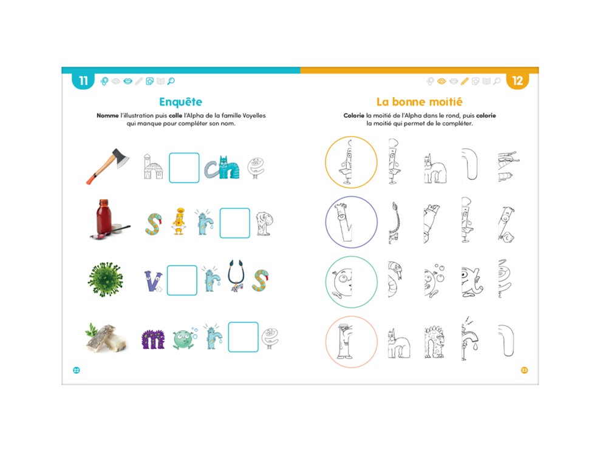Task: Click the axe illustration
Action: point(108,166)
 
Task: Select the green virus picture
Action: point(106,280)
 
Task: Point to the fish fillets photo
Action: point(106,337)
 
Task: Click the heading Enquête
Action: point(180,102)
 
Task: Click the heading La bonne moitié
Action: point(420,102)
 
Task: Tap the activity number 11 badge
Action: point(83,80)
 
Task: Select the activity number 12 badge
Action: point(517,80)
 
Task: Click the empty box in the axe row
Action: point(184,168)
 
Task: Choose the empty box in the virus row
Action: point(182,280)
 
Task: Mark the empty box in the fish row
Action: point(243,337)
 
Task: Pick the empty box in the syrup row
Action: point(234,223)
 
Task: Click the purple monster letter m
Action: point(152,339)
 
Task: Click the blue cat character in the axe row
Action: point(229,167)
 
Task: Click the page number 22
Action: point(76,370)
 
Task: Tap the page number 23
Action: point(524,370)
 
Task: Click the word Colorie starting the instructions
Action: point(353,115)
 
